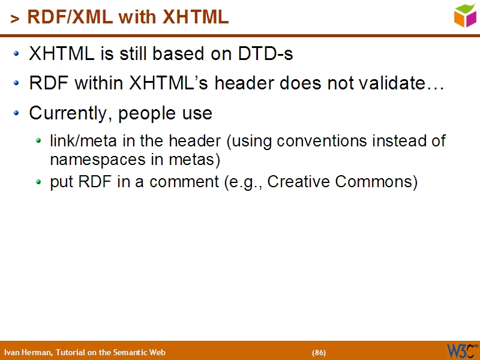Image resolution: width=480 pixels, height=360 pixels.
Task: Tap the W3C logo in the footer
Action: [461, 350]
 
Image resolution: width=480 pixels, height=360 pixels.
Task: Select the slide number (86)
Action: [319, 352]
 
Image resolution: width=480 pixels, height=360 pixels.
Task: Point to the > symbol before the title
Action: [14, 19]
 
